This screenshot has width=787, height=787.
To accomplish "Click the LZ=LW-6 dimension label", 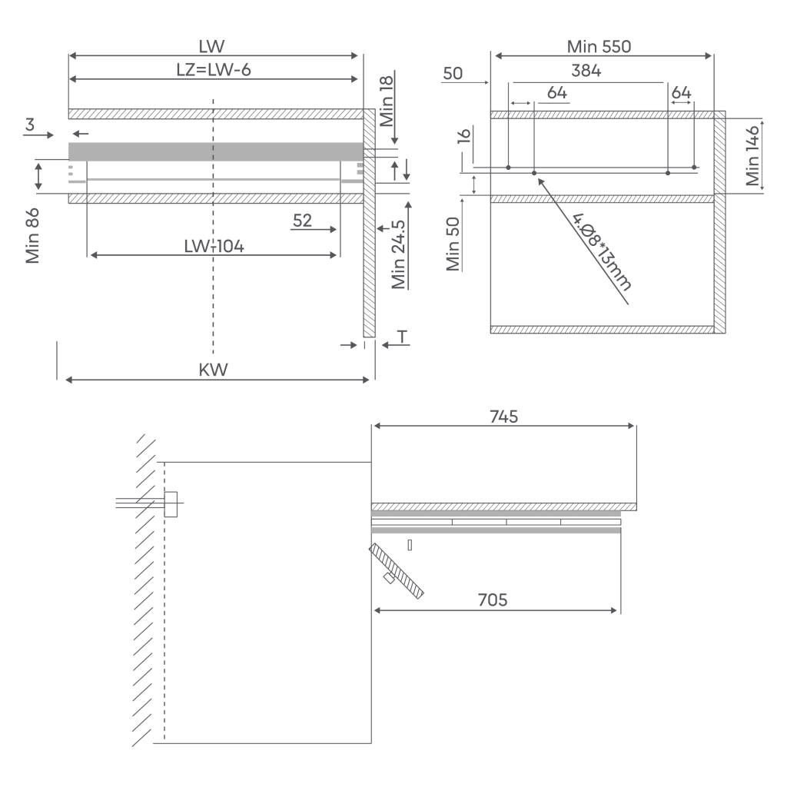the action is (x=214, y=70).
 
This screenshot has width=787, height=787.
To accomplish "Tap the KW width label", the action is (x=214, y=370).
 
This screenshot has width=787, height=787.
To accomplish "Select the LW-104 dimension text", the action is (x=214, y=247).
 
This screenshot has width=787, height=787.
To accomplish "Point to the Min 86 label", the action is (x=32, y=236).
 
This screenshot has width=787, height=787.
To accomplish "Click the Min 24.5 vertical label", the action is (x=399, y=254).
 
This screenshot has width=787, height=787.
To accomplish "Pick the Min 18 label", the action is (x=387, y=101).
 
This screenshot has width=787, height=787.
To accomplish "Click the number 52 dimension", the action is (x=302, y=221).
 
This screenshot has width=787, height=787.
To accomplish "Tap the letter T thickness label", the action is (x=402, y=337).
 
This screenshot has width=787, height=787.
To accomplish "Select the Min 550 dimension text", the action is (x=599, y=47).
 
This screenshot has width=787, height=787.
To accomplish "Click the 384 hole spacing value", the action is (x=586, y=71).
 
